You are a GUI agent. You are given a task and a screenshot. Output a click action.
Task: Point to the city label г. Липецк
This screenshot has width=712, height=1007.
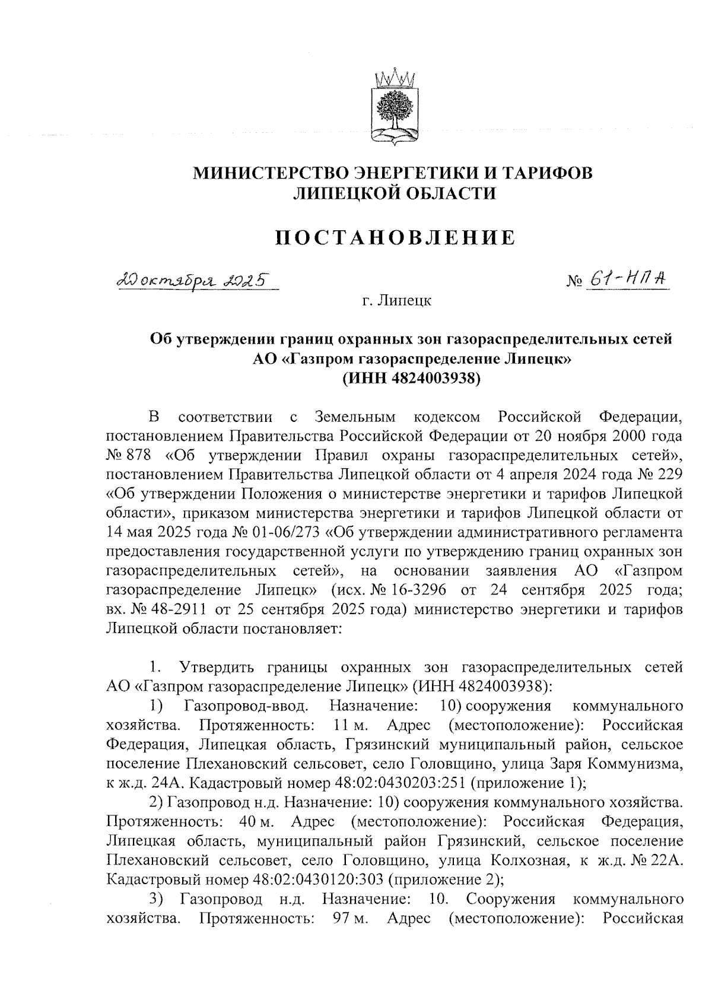pos(397,301)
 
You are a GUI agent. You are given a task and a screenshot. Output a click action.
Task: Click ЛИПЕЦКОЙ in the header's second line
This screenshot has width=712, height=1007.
pos(349,193)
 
